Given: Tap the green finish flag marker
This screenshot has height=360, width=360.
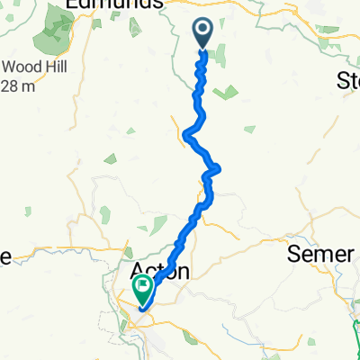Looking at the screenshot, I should tap(143, 289).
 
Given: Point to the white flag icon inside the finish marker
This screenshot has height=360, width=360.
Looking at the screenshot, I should tap(143, 288).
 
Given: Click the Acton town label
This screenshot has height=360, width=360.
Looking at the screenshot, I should tap(160, 271).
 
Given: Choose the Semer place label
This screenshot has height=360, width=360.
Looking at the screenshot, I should tap(319, 254).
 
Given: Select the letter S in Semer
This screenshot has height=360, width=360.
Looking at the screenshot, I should tap(293, 254).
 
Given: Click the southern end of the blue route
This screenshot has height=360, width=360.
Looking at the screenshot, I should tap(139, 309).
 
